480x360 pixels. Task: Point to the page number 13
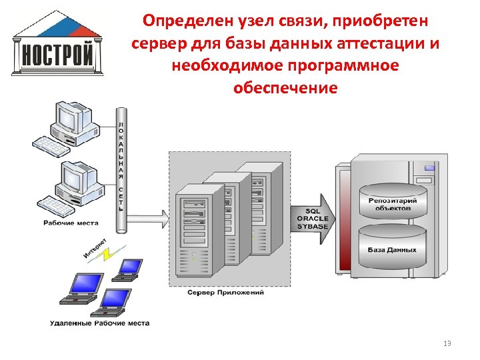[x=447, y=343]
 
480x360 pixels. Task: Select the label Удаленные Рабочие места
[x=99, y=323]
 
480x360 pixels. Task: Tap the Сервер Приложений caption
[x=225, y=293]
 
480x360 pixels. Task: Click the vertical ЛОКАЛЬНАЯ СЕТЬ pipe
[x=121, y=167]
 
